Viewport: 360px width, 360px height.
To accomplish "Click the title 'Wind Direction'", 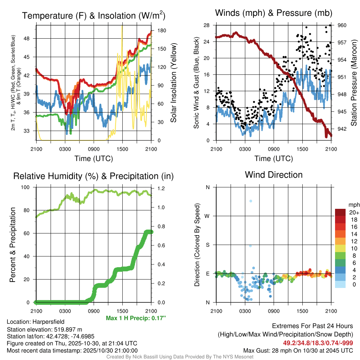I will [274, 175].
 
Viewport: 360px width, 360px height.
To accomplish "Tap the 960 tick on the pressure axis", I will [342, 25].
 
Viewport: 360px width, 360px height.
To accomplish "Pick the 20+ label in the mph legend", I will [353, 213].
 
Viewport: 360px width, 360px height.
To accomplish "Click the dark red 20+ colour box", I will [341, 212].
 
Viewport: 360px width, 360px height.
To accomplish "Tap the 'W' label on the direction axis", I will [207, 216].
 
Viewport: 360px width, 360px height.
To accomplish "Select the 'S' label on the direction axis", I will [207, 245].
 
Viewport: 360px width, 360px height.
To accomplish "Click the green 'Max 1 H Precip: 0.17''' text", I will [135, 318].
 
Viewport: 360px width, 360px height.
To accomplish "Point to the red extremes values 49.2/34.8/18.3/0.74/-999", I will [318, 343].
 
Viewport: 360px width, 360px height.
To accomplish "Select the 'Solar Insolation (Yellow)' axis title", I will [173, 83].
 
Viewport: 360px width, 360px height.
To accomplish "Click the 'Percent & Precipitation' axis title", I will [13, 245].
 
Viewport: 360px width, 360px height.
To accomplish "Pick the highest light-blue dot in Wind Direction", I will [251, 201].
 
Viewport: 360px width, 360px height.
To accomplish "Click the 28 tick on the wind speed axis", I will [206, 25].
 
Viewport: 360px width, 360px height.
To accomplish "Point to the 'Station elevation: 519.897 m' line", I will [44, 329].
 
